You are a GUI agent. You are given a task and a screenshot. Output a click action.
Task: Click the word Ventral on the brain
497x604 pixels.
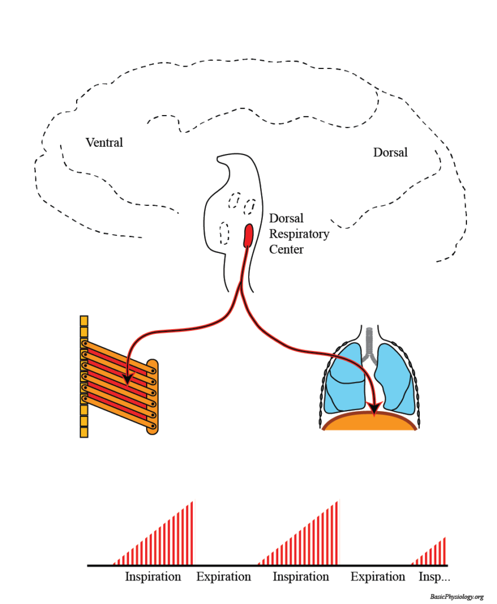click(104, 143)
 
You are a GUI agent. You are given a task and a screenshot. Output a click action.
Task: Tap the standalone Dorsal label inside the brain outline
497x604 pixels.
click(390, 153)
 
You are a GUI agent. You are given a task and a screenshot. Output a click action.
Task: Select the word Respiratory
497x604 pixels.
click(299, 234)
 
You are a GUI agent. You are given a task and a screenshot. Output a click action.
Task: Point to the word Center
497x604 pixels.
click(286, 250)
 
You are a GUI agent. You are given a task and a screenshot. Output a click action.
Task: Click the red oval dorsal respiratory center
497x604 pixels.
click(249, 235)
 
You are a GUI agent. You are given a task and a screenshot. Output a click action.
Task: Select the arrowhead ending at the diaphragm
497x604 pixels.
click(373, 408)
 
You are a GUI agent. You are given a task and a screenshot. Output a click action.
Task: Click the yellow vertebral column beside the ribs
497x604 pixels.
click(84, 377)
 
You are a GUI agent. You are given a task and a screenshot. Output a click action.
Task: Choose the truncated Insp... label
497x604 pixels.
click(434, 577)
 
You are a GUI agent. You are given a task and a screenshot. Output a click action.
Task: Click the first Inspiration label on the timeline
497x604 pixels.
click(153, 577)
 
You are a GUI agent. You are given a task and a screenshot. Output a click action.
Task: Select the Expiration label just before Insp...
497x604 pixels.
click(378, 577)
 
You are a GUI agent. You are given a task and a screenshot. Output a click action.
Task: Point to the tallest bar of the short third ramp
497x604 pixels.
click(445, 550)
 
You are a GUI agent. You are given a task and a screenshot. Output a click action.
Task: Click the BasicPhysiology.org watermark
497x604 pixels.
click(456, 597)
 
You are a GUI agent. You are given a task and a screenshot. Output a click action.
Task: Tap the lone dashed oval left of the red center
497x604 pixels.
click(224, 232)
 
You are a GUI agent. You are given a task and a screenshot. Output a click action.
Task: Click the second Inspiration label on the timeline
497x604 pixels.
click(301, 577)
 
